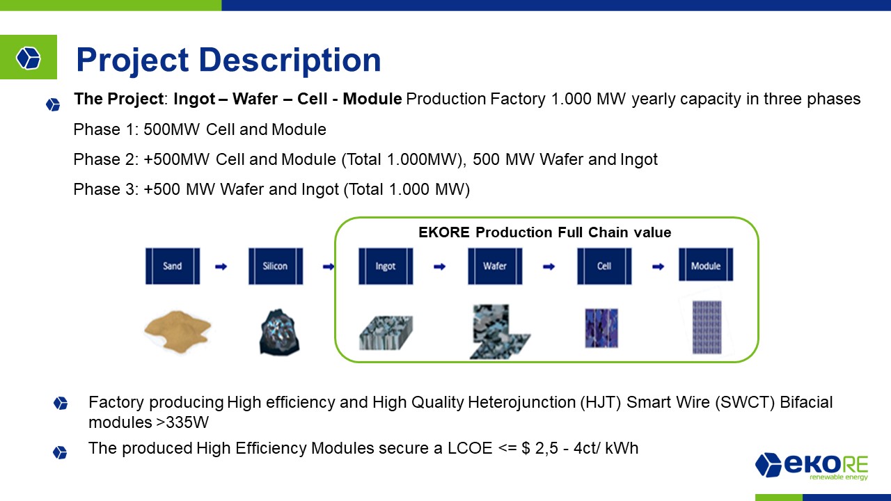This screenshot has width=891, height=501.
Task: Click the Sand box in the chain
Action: pyautogui.click(x=173, y=266)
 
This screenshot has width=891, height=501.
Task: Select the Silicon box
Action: pyautogui.click(x=276, y=266)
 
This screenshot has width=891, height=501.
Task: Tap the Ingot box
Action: pyautogui.click(x=386, y=266)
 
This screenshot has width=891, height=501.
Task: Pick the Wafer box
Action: pyautogui.click(x=495, y=266)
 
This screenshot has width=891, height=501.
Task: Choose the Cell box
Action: pyautogui.click(x=604, y=266)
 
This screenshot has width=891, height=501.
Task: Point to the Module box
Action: pyautogui.click(x=706, y=265)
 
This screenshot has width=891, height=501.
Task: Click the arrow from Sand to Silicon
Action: pyautogui.click(x=221, y=267)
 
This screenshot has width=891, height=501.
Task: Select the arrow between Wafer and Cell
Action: pyautogui.click(x=549, y=267)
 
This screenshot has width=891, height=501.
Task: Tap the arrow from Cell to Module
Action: pyautogui.click(x=659, y=267)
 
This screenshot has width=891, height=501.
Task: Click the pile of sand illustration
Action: pyautogui.click(x=178, y=332)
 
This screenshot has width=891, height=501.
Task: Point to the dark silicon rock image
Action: pyautogui.click(x=279, y=332)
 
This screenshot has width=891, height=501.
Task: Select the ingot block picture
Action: pyautogui.click(x=386, y=333)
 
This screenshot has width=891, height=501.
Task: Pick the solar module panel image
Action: pyautogui.click(x=707, y=327)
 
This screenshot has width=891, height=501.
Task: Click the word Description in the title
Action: pyautogui.click(x=290, y=60)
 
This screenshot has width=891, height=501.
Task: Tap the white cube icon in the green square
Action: pyautogui.click(x=29, y=58)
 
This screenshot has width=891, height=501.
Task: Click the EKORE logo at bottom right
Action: pyautogui.click(x=812, y=466)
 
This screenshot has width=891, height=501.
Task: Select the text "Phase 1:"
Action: pyautogui.click(x=106, y=129)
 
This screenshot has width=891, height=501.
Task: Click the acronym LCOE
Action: pyautogui.click(x=470, y=448)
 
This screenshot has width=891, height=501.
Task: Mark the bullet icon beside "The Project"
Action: pyautogui.click(x=53, y=105)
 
